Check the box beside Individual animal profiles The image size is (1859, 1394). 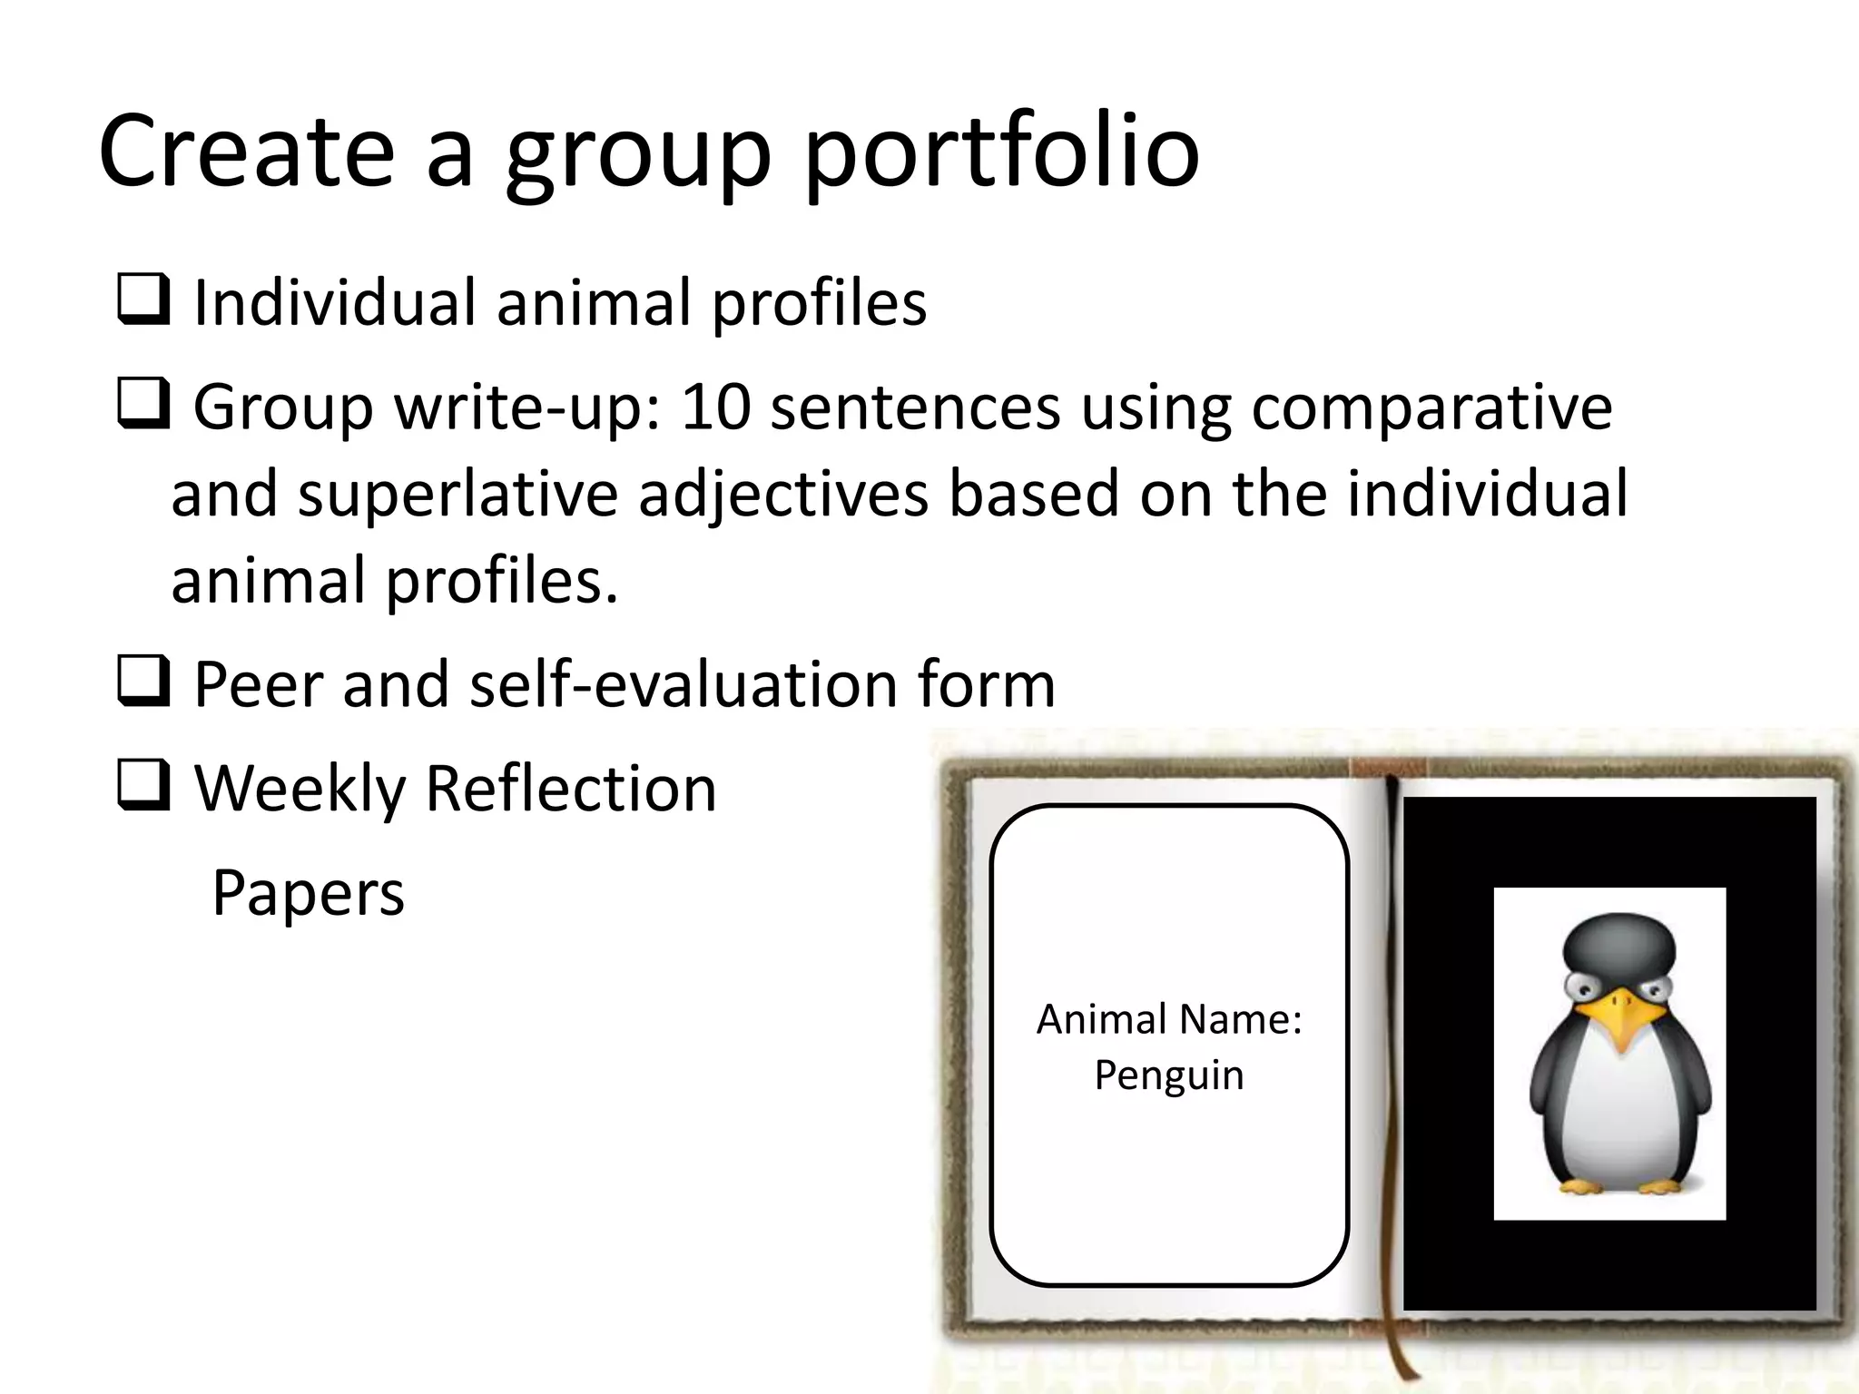(143, 301)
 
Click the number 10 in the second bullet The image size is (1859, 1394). (715, 406)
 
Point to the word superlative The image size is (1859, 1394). (457, 494)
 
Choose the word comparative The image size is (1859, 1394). (1431, 406)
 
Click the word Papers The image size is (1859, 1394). (308, 893)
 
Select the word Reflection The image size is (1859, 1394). (570, 787)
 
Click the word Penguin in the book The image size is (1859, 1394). (1168, 1075)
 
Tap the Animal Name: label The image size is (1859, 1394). (1169, 1019)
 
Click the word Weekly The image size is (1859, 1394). (300, 788)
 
